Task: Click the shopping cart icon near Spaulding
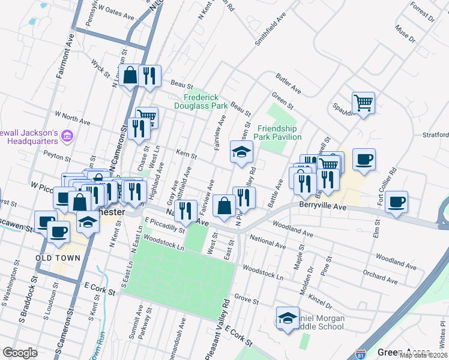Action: tap(363, 103)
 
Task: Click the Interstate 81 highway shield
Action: tap(361, 355)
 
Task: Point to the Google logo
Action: tap(19, 353)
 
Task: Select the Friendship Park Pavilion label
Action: tap(279, 133)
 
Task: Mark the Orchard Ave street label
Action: tap(381, 277)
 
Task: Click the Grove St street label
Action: tap(246, 298)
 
